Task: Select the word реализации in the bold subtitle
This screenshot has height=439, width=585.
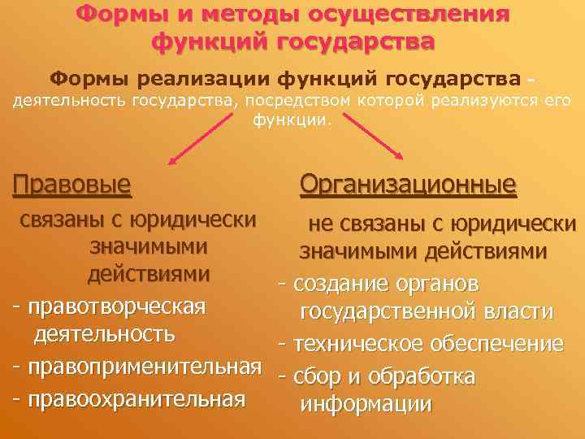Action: pos(217,79)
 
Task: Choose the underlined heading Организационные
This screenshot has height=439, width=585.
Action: pos(408,185)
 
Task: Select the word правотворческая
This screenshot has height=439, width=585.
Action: pos(116,307)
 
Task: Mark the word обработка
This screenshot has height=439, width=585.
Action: pos(422,377)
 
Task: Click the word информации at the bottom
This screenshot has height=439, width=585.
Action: pos(366,405)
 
